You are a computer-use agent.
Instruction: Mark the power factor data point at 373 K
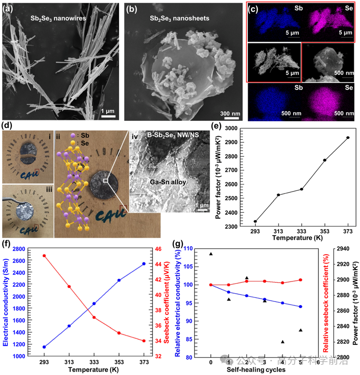click(x=348, y=138)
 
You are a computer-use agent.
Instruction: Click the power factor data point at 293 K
click(x=255, y=221)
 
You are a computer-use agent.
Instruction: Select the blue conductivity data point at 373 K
click(x=144, y=264)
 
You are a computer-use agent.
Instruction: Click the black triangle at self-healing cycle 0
click(x=211, y=254)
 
